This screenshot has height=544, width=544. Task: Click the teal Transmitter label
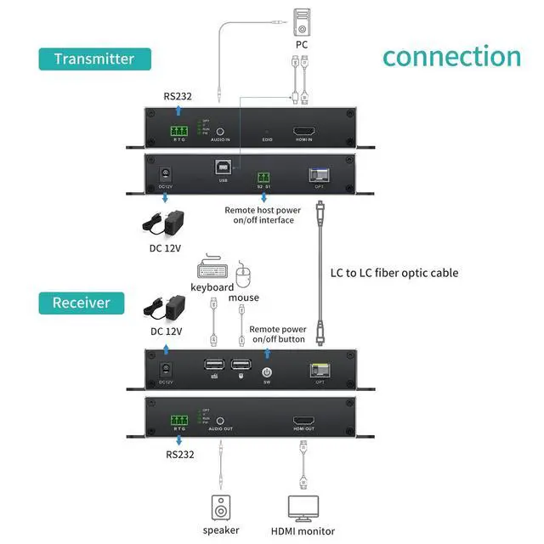[94, 59]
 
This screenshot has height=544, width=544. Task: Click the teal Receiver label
[82, 303]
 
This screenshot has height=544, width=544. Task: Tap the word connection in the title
[450, 56]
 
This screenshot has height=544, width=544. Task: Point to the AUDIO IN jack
[220, 132]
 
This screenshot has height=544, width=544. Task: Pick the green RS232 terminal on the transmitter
[178, 132]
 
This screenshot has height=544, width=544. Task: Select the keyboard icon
[212, 268]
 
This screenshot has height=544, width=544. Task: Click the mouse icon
[245, 276]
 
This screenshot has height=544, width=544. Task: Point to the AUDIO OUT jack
[220, 421]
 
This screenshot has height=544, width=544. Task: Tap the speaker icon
[220, 507]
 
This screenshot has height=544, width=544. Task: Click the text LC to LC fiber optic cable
[394, 273]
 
